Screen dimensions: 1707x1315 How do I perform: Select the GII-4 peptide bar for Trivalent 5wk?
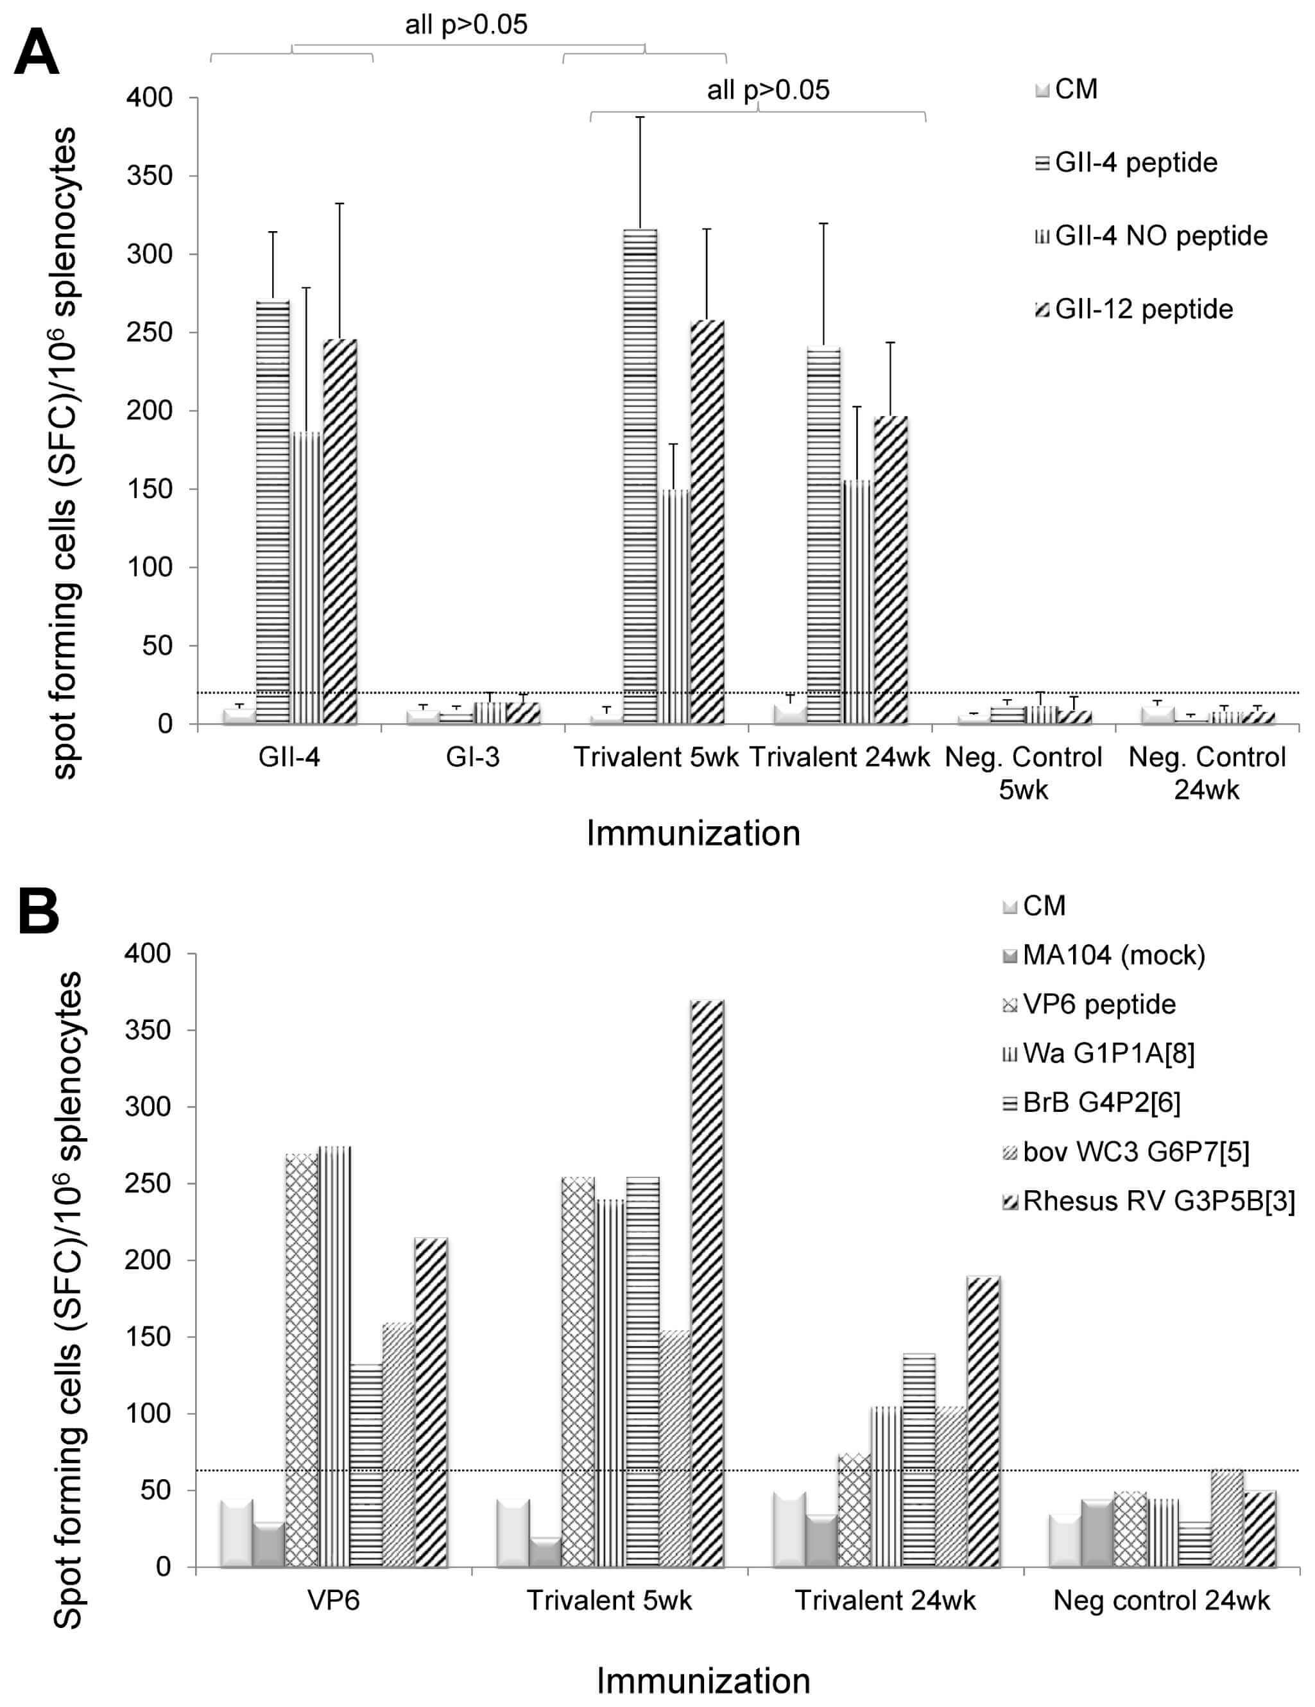[639, 477]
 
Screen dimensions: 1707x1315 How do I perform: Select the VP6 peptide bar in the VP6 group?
[302, 1360]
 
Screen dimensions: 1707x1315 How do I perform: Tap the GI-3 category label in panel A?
[473, 757]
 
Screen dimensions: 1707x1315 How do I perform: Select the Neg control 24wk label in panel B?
[1161, 1600]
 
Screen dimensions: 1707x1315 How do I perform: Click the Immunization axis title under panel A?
[693, 833]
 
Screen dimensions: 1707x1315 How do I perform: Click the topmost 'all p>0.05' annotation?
[466, 25]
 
